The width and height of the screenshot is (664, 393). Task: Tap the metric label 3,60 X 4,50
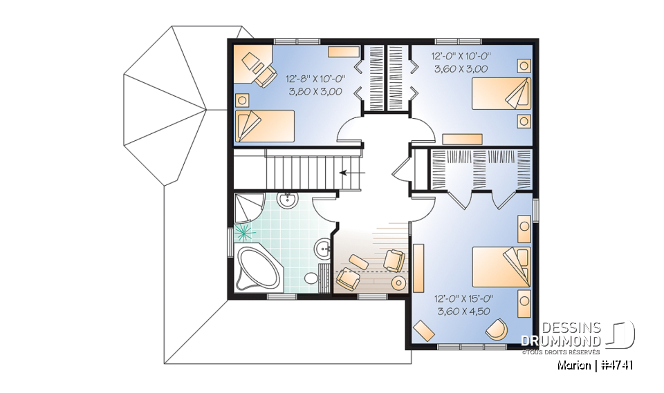coord(463,311)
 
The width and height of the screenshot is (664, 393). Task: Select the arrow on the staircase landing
coord(353,173)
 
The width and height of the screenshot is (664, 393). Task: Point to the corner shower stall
coord(248,207)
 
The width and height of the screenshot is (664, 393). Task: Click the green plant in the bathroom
coord(243,231)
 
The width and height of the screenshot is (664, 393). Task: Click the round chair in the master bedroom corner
coord(496,329)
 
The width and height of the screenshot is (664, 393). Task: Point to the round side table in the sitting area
coord(400,283)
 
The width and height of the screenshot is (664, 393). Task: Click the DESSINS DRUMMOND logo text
coord(561,334)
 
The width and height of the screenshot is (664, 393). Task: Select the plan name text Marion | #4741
coord(594,365)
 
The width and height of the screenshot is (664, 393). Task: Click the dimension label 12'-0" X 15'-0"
coord(463,299)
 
